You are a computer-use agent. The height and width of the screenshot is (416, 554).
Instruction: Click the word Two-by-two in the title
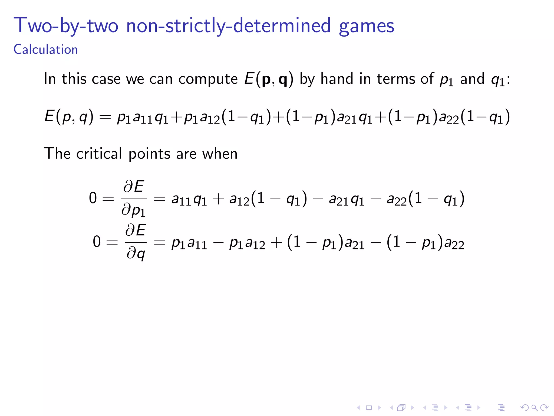(x=66, y=26)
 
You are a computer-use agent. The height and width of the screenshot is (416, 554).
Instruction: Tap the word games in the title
(x=366, y=27)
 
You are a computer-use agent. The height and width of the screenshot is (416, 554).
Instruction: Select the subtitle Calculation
(x=46, y=50)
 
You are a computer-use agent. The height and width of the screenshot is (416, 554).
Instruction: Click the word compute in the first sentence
(x=208, y=79)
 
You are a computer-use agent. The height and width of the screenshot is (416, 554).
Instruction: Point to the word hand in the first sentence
(x=337, y=79)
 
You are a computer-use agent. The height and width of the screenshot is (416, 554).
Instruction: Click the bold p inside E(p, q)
(x=266, y=79)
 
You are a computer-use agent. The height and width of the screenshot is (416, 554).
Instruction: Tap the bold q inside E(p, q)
(x=283, y=80)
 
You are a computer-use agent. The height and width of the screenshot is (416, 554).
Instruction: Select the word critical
(x=99, y=154)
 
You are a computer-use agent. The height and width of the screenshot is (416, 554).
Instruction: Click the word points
(x=149, y=154)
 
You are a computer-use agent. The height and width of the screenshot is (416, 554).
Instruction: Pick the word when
(x=220, y=154)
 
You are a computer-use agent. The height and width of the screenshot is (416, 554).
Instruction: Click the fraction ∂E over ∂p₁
(x=134, y=198)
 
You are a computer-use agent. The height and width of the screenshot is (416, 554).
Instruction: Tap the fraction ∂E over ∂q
(x=136, y=242)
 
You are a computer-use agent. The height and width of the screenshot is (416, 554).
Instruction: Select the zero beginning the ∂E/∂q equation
(x=97, y=242)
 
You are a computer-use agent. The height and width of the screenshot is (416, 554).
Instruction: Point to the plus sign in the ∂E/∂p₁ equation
(x=218, y=199)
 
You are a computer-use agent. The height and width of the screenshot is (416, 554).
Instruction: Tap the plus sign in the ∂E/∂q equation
(x=276, y=242)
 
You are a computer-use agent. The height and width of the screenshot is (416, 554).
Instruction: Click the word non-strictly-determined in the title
(x=228, y=26)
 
